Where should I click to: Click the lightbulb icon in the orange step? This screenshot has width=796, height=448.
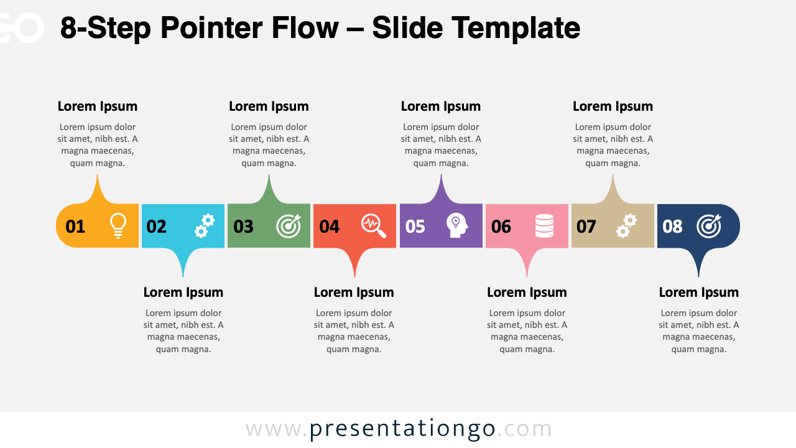tap(118, 226)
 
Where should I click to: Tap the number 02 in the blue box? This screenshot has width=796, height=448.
tap(157, 226)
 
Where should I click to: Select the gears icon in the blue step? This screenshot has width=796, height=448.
tap(204, 226)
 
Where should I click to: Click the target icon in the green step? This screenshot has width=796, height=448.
tap(289, 226)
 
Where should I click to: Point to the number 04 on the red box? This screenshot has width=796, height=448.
tap(330, 226)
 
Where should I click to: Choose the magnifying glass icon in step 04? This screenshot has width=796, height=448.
tap(374, 226)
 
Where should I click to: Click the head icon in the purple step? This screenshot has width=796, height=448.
tap(457, 226)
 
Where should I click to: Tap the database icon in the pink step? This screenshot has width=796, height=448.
tap(544, 226)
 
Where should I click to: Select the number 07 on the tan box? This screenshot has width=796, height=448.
tap(586, 226)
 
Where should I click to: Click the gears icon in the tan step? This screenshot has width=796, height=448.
tap(626, 226)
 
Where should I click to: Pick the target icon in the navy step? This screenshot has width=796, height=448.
tap(709, 226)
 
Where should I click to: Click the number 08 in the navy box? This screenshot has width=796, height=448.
tap(672, 226)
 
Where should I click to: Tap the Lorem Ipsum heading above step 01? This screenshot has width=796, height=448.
tap(98, 106)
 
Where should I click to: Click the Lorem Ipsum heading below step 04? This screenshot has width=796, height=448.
tap(354, 292)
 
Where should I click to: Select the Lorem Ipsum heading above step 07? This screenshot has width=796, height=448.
tap(613, 106)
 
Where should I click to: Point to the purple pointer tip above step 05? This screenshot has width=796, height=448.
tap(441, 178)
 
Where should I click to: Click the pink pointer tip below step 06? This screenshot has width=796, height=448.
tap(527, 273)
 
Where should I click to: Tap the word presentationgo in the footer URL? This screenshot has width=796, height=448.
tap(402, 429)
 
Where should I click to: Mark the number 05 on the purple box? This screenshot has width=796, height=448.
tap(415, 226)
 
